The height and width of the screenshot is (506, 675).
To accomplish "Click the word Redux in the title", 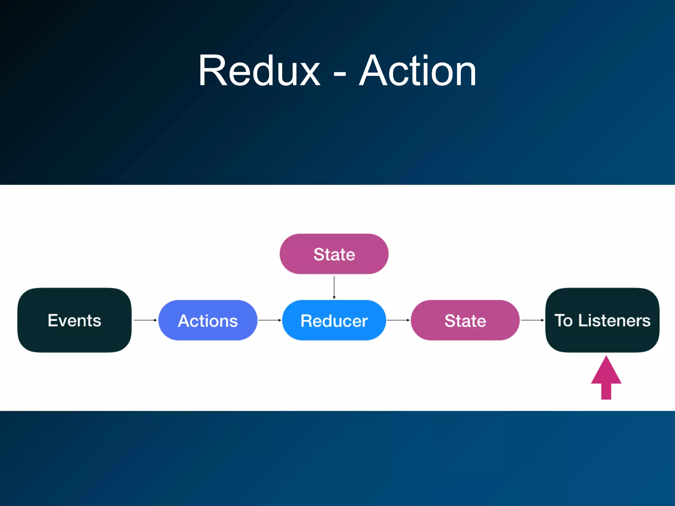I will [259, 71].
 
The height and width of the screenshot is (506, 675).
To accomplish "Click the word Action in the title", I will [418, 71].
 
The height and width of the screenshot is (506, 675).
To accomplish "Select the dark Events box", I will [74, 320].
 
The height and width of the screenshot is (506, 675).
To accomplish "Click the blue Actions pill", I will [208, 320].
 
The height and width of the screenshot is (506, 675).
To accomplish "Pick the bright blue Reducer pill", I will [334, 320].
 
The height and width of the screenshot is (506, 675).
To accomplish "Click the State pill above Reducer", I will [334, 254].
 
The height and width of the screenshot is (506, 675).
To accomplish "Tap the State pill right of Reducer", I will [465, 320].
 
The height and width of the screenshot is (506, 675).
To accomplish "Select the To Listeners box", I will [602, 320].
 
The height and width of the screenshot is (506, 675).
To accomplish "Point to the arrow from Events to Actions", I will [145, 320].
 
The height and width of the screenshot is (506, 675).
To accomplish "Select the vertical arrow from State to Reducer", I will [334, 287].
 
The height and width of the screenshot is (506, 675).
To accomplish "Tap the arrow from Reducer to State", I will [398, 320].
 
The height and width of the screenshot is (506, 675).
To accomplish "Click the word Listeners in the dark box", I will [614, 320].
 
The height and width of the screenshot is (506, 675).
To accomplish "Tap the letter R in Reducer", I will [307, 321].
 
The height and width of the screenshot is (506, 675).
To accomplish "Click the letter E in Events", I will [53, 320].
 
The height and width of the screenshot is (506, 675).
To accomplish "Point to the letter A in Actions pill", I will [184, 321].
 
